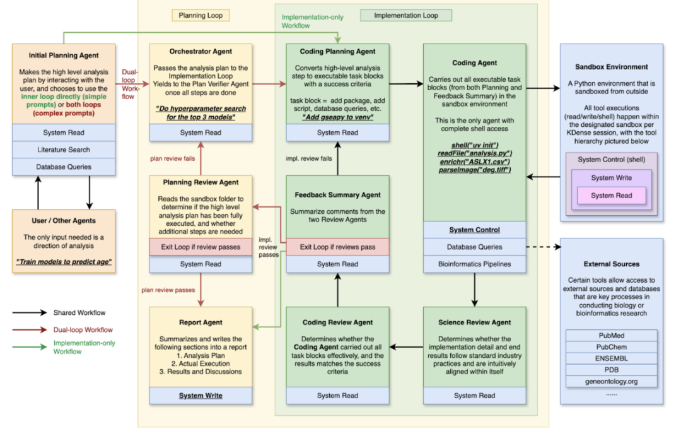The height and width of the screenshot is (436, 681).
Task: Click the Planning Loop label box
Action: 201,15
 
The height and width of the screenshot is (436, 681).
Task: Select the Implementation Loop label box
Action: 406,15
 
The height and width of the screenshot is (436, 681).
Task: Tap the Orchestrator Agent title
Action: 201,52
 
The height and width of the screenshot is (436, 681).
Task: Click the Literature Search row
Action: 64,150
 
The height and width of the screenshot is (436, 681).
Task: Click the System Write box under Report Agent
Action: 201,396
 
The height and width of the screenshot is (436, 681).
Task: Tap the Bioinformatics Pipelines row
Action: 474,264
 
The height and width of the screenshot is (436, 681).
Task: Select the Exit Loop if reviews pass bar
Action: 337,247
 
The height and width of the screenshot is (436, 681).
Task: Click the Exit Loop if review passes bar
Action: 201,247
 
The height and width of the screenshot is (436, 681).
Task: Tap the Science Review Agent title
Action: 474,322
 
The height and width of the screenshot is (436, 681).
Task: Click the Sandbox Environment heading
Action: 611,67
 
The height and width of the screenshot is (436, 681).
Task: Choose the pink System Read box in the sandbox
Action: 611,196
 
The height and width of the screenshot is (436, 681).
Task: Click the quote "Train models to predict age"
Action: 64,261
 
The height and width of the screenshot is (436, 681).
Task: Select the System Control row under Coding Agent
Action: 474,230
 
